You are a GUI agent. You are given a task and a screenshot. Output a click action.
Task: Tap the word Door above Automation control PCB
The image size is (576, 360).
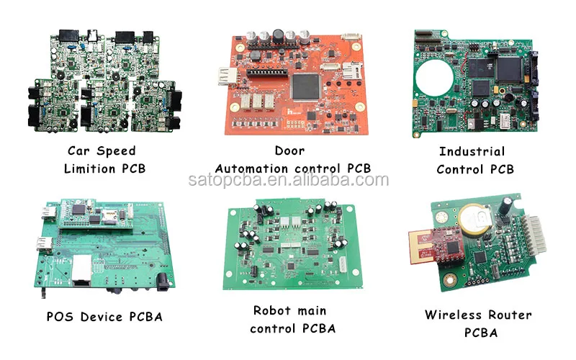coord(289,150)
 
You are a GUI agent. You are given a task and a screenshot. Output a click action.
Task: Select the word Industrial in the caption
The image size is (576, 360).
coord(472,151)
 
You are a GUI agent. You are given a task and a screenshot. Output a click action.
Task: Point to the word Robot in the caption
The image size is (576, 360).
coord(271,311)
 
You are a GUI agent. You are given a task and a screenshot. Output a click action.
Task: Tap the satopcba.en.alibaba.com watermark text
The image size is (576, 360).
coord(288,181)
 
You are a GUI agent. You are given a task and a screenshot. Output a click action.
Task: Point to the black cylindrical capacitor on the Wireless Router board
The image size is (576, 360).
coord(508,208)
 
